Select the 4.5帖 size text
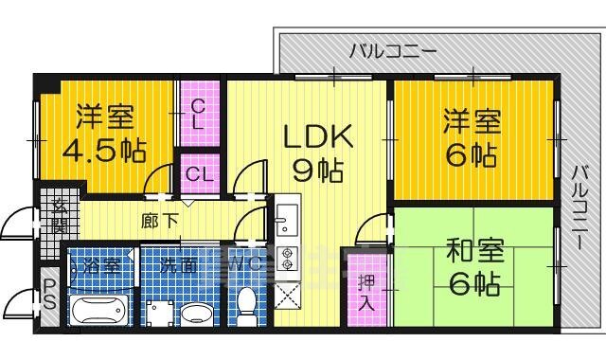point(105,151)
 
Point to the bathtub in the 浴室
point(99,310)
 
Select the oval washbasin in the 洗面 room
point(197,312)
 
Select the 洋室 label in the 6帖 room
point(472,122)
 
